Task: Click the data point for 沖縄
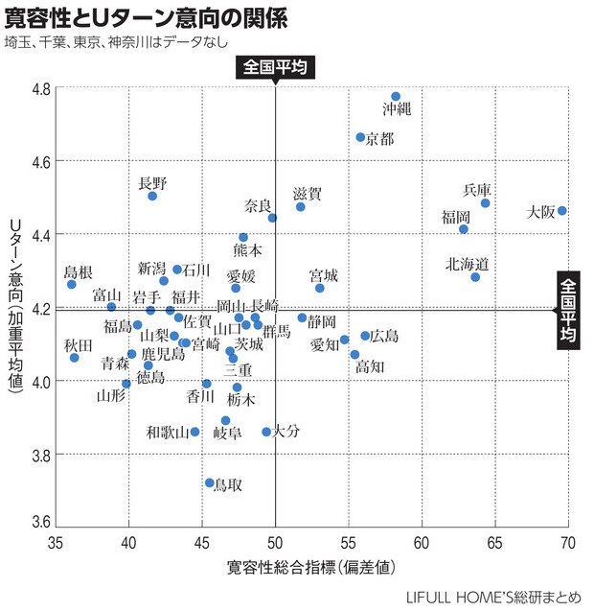click(x=396, y=97)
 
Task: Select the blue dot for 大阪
click(x=562, y=211)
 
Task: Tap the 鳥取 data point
click(x=210, y=483)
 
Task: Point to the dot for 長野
click(x=152, y=196)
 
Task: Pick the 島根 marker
click(x=72, y=285)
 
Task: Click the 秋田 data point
click(x=75, y=358)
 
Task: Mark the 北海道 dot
click(x=475, y=277)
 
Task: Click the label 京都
click(x=379, y=139)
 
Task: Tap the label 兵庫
click(x=477, y=189)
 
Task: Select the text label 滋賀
click(x=308, y=194)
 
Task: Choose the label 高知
click(x=370, y=366)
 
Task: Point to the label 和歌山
click(x=167, y=433)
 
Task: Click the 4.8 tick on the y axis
click(x=42, y=89)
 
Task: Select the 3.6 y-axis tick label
click(x=42, y=524)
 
